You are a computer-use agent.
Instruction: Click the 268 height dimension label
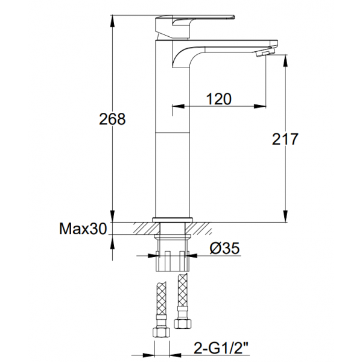pos(112,119)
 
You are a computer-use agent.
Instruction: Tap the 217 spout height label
pos(285,139)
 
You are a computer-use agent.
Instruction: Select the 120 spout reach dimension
pos(218,99)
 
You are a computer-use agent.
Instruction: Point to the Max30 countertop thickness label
pos(83,229)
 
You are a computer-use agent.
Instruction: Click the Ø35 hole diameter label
pos(224,248)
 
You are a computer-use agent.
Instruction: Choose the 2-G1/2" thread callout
pos(221,348)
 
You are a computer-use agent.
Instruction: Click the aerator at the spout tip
pos(265,52)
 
